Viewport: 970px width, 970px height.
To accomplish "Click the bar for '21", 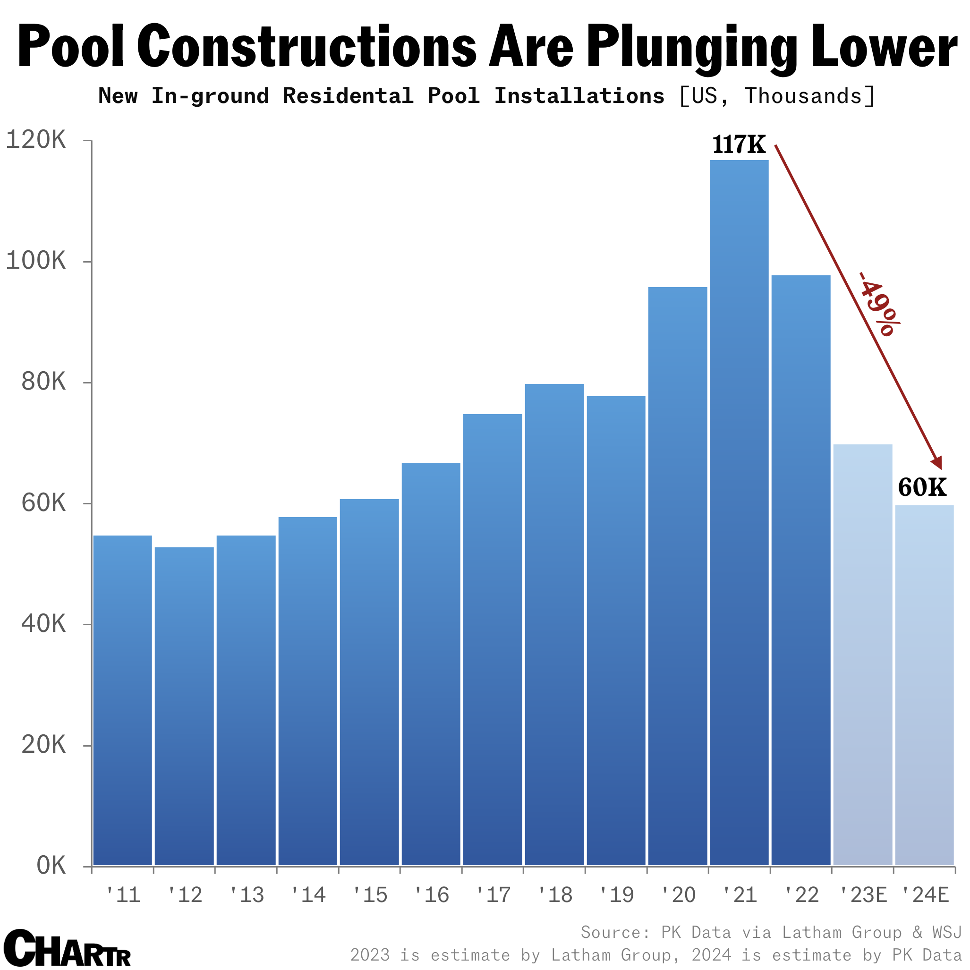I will (x=739, y=512).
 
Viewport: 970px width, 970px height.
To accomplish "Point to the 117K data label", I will (x=739, y=145).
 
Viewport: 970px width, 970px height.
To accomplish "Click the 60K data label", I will (x=922, y=487).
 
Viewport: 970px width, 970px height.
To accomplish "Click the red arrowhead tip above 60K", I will (x=940, y=468).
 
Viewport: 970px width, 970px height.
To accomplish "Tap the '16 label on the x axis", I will (x=431, y=895).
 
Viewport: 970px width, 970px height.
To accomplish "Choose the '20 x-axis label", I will (x=678, y=895).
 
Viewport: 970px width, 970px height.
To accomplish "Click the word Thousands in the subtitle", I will (x=803, y=96).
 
